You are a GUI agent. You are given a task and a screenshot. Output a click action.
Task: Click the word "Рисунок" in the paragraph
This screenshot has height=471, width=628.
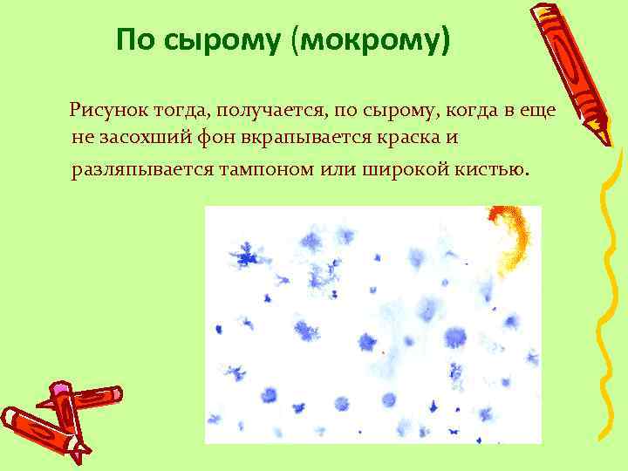(x=107, y=111)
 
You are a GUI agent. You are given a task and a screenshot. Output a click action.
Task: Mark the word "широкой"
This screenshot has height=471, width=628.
(x=395, y=167)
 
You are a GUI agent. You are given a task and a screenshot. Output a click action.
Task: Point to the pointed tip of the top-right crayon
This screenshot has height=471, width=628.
(x=606, y=140)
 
